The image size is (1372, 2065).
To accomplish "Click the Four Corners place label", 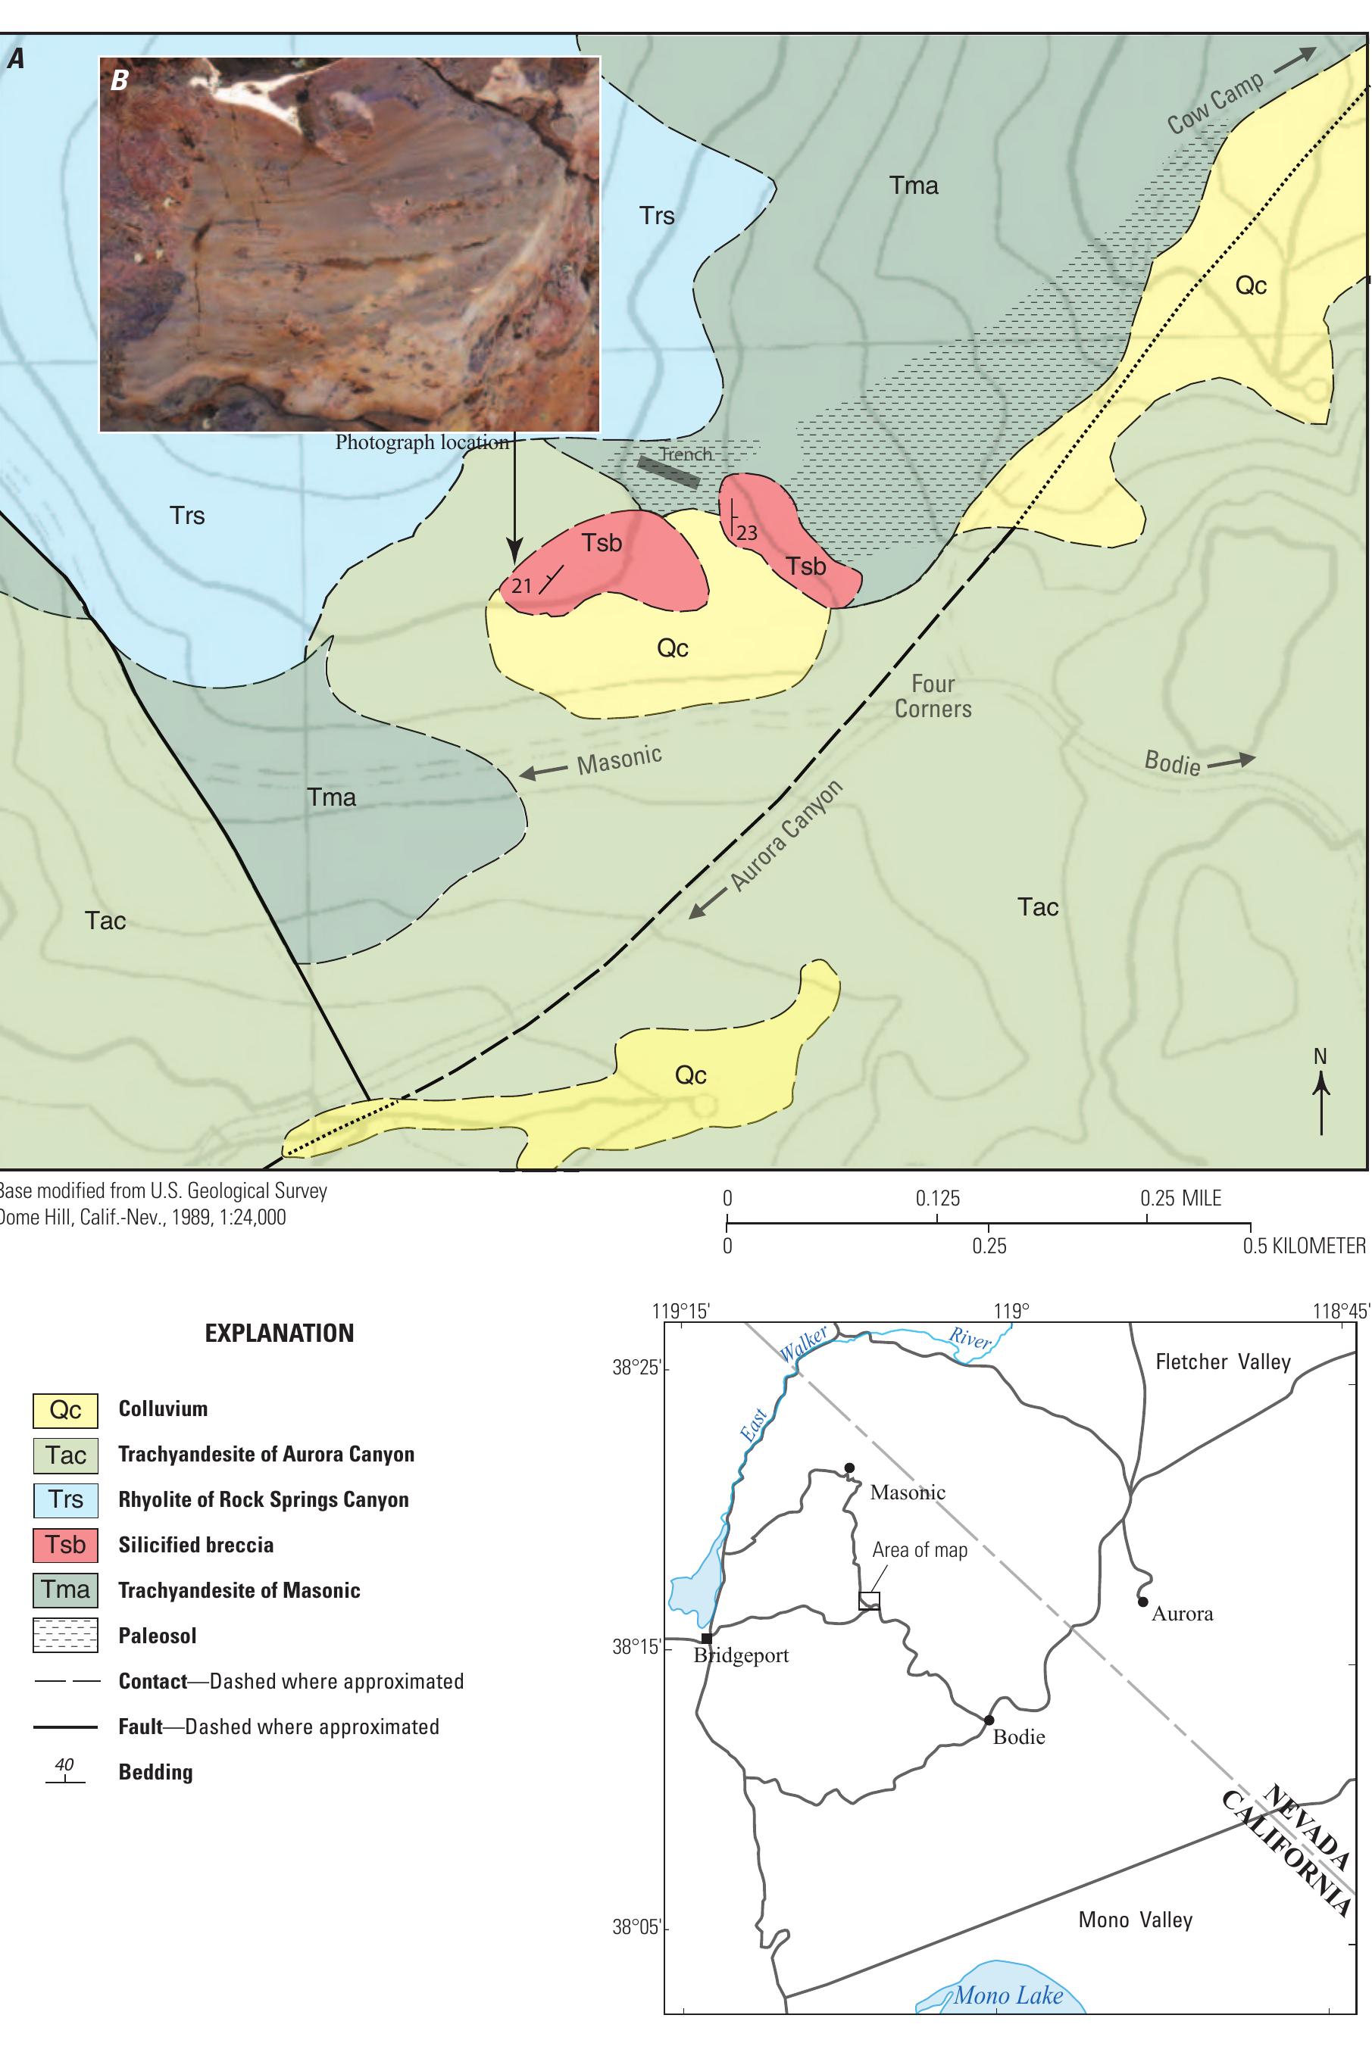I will pyautogui.click(x=933, y=696).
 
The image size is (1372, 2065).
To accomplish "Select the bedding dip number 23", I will pyautogui.click(x=747, y=532).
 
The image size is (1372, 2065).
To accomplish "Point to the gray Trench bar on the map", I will pyautogui.click(x=668, y=473).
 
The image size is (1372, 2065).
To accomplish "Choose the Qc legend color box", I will pyautogui.click(x=66, y=1409).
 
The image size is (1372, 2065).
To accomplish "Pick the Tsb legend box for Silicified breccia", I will pyautogui.click(x=66, y=1545).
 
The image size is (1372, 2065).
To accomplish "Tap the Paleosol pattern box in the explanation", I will pyautogui.click(x=66, y=1636).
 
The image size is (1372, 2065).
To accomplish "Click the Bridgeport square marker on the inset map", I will pyautogui.click(x=706, y=1638).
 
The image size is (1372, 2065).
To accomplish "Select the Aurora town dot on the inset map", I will pyautogui.click(x=1142, y=1602).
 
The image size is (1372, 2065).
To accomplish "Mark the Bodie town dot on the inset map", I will pyautogui.click(x=989, y=1720).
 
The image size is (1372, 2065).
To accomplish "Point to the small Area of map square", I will pyautogui.click(x=869, y=1601).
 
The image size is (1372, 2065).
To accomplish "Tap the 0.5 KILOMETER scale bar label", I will pyautogui.click(x=1304, y=1246).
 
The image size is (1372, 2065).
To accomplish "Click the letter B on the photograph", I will pyautogui.click(x=119, y=80).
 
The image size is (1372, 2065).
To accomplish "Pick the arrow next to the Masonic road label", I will pyautogui.click(x=542, y=772).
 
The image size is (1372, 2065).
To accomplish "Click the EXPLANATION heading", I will pyautogui.click(x=279, y=1333).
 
